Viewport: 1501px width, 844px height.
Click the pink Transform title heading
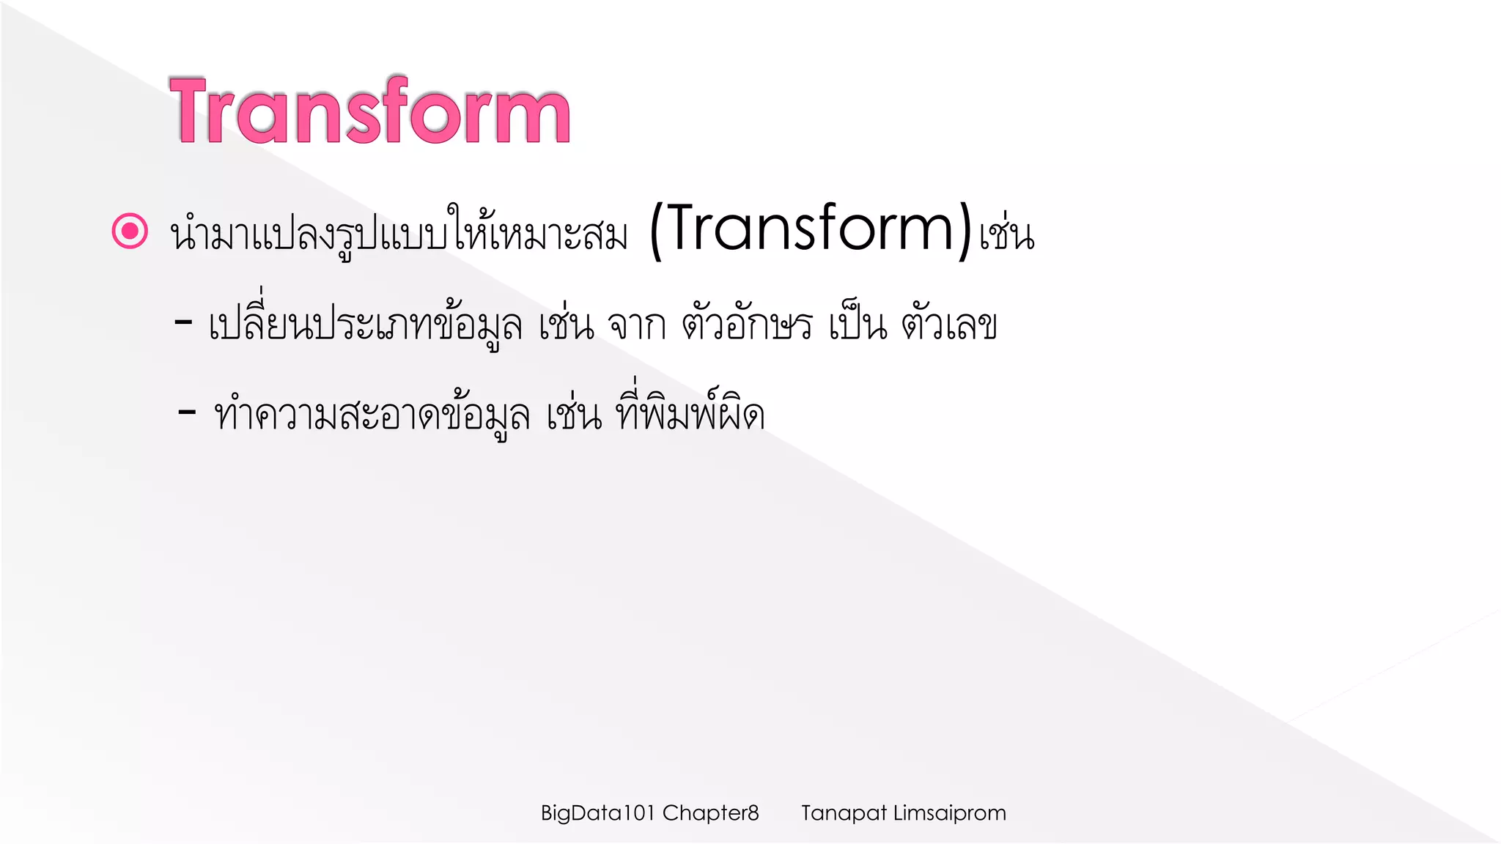point(370,112)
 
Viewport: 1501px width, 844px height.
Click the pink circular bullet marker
point(130,232)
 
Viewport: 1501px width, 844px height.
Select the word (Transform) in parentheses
point(811,230)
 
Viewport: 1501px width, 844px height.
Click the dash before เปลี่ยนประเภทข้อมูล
point(183,322)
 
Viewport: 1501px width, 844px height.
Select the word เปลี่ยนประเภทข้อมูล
point(364,325)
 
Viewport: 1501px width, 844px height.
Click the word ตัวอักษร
point(747,325)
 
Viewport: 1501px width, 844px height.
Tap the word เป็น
point(858,325)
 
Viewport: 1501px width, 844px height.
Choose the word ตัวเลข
point(949,325)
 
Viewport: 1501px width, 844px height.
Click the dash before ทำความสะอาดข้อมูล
point(187,412)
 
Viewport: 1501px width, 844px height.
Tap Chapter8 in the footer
point(710,813)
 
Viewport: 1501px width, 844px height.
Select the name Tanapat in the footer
point(844,813)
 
